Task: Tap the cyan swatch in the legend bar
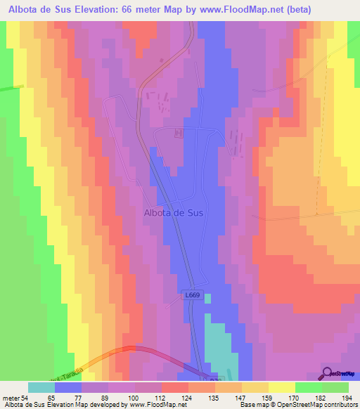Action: pos(41,387)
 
